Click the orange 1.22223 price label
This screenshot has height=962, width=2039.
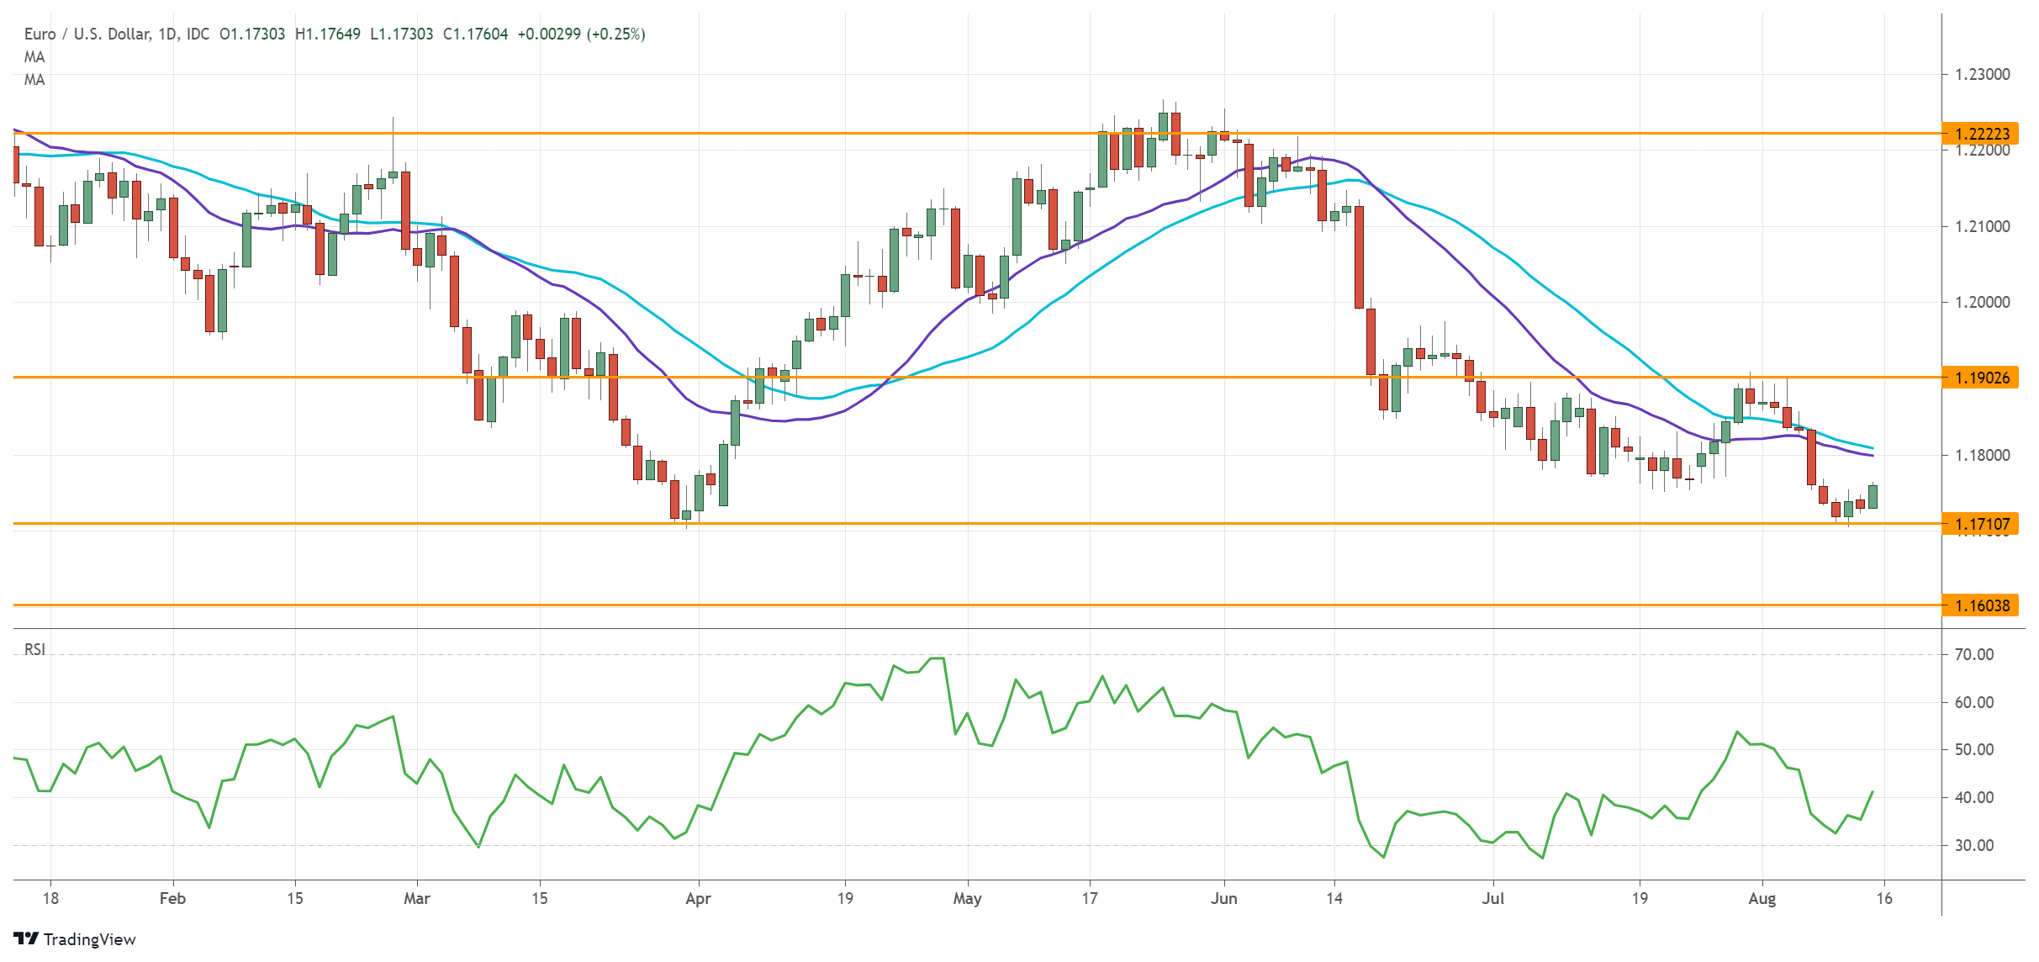pyautogui.click(x=1980, y=134)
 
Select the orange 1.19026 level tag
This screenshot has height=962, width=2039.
pyautogui.click(x=1980, y=378)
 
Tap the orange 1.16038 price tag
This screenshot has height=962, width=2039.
pyautogui.click(x=1980, y=605)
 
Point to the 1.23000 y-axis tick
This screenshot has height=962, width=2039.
pyautogui.click(x=1982, y=74)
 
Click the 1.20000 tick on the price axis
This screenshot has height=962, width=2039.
pyautogui.click(x=1982, y=302)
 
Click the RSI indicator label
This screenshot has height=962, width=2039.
pyautogui.click(x=34, y=649)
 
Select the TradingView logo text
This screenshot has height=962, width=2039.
pyautogui.click(x=88, y=939)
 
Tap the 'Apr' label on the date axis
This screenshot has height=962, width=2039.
pyautogui.click(x=698, y=898)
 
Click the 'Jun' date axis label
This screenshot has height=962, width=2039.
pyautogui.click(x=1223, y=898)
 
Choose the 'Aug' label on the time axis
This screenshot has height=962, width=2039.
pyautogui.click(x=1762, y=898)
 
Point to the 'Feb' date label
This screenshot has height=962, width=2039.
pyautogui.click(x=172, y=898)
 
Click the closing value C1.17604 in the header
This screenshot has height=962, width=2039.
pyautogui.click(x=475, y=34)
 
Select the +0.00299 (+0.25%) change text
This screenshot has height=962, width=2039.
pyautogui.click(x=581, y=34)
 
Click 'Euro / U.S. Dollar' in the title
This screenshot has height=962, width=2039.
pyautogui.click(x=87, y=34)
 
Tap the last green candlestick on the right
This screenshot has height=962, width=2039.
pyautogui.click(x=1873, y=496)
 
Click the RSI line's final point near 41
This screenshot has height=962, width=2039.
pyautogui.click(x=1873, y=791)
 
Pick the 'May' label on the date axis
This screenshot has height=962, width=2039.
pyautogui.click(x=967, y=898)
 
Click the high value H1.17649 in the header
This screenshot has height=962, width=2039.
pyautogui.click(x=328, y=34)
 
